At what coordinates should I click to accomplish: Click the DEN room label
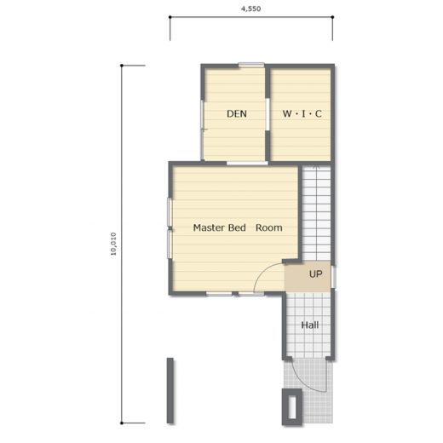click(237, 114)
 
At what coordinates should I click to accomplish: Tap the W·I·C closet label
click(302, 114)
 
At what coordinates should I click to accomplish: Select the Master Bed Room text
click(238, 227)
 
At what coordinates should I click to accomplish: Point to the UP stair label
click(316, 274)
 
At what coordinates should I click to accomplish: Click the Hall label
click(310, 325)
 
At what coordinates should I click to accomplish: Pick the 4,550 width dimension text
click(251, 9)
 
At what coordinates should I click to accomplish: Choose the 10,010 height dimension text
click(113, 244)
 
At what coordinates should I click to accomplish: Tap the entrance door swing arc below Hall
click(307, 379)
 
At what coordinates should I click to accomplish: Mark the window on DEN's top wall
click(251, 65)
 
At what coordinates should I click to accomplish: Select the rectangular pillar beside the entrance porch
click(292, 407)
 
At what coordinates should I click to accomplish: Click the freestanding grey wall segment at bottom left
click(170, 390)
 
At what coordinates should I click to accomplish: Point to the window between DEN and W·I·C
click(268, 114)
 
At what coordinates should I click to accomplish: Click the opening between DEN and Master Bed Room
click(247, 163)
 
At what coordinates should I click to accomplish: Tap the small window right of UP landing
click(334, 277)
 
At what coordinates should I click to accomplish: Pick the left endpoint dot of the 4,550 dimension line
click(170, 17)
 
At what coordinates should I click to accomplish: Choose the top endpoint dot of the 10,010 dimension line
click(122, 66)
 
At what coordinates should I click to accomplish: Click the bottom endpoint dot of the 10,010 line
click(122, 423)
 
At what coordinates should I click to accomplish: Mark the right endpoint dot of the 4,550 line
click(332, 17)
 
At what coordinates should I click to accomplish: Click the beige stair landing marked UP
click(308, 276)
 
